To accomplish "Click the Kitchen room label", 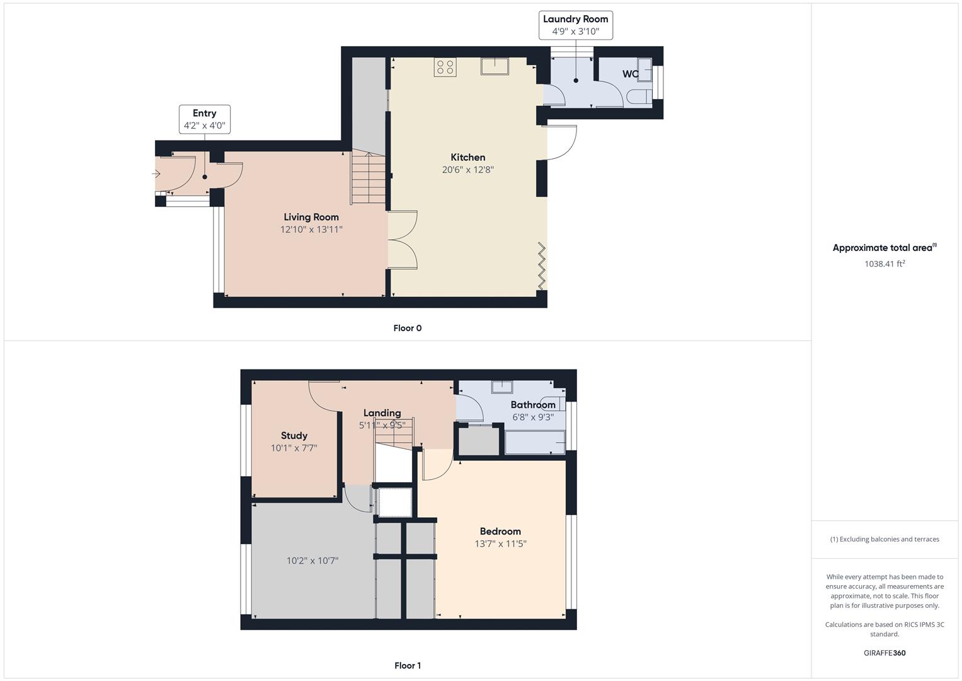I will [x=467, y=158].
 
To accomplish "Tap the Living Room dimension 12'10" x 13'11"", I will [x=311, y=230].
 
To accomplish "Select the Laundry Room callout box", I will [x=575, y=25].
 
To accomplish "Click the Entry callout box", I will [x=204, y=119].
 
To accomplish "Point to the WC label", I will [x=630, y=74].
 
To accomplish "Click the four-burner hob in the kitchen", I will [x=445, y=67].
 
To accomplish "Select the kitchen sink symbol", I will [x=495, y=66].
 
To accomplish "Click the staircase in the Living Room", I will [x=368, y=179].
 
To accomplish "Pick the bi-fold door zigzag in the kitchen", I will [x=541, y=265].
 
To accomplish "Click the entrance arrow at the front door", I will [x=157, y=174].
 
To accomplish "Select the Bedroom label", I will [x=500, y=532].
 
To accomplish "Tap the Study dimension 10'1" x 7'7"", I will [x=294, y=448].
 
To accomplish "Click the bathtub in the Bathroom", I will [x=534, y=443].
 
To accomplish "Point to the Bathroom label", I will [x=532, y=405].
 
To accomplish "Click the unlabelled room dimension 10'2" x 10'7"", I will [x=312, y=561].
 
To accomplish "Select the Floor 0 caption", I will [x=407, y=328].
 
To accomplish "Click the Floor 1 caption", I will [x=407, y=665].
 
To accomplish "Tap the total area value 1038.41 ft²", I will [x=884, y=264].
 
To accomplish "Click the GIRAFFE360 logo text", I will [x=884, y=653].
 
